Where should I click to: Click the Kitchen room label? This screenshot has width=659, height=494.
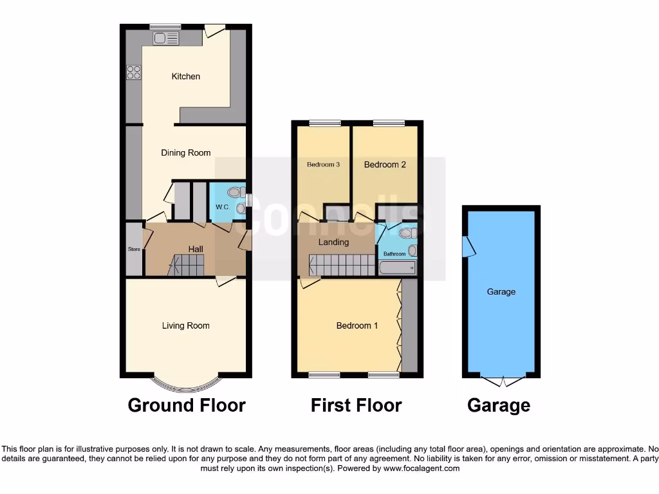185,77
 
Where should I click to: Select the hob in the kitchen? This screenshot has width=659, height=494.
134,72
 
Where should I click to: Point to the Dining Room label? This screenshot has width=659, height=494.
185,153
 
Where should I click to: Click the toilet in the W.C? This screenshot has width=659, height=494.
235,191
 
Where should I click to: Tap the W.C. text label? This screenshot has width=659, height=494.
223,207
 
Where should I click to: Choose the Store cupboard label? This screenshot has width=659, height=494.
134,249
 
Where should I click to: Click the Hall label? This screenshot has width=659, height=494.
196,249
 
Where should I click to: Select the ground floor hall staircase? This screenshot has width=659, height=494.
187,264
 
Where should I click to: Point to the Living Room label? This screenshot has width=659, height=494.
185,325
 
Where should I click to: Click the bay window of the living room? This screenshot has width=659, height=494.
185,384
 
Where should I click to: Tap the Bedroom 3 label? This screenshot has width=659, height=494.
323,165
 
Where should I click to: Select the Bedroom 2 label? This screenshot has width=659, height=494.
385,165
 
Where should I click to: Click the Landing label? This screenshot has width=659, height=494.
333,242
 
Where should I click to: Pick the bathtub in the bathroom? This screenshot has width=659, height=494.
396,268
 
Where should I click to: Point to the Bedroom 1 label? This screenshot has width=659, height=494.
357,325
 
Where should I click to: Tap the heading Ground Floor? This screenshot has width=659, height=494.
187,405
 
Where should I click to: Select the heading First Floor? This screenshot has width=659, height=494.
356,405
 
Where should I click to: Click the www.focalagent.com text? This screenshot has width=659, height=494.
422,469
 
